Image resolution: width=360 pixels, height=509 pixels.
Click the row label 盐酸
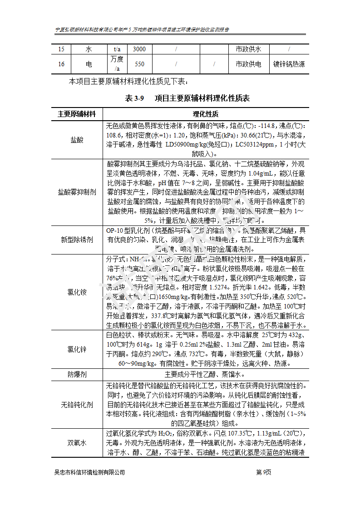(x=77, y=140)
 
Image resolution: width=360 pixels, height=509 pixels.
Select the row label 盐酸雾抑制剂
(x=77, y=192)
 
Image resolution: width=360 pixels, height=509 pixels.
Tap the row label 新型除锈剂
(x=77, y=240)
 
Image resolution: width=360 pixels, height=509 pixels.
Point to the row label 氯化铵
(x=77, y=292)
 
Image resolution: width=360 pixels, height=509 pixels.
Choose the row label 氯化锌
(x=77, y=349)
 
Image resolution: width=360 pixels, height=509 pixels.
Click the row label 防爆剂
(x=77, y=375)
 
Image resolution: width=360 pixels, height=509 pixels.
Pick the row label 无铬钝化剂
(x=77, y=405)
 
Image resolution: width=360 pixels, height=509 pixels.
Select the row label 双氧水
(x=77, y=443)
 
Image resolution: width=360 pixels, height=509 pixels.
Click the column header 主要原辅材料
(x=77, y=114)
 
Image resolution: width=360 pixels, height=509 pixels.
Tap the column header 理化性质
(x=206, y=114)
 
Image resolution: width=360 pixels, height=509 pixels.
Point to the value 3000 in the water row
(x=139, y=49)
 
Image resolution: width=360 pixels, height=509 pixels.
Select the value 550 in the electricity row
(x=139, y=64)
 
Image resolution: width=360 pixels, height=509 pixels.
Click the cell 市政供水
(x=248, y=49)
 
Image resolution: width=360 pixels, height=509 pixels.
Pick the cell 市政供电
(x=248, y=64)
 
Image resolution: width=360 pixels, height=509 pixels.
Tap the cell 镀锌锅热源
(x=289, y=64)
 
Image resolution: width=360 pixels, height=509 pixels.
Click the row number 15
(x=61, y=49)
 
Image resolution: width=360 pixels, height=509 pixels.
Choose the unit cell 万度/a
(x=117, y=64)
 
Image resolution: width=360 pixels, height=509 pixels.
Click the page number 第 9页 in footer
(x=263, y=472)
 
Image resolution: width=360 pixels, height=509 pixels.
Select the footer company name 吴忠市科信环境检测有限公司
(x=89, y=472)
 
